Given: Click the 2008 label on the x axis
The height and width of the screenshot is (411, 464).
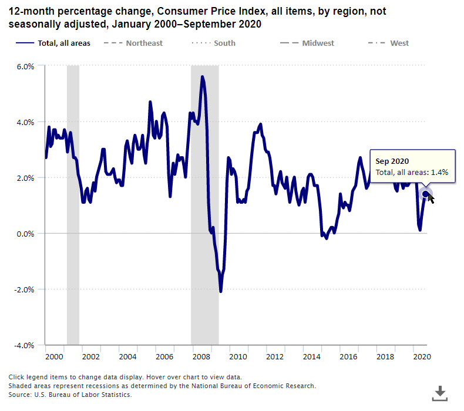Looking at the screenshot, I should point(201,356).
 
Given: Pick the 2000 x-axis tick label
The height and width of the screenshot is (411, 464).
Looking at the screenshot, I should point(53,356).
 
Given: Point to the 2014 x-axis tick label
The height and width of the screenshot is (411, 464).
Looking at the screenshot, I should point(311,356).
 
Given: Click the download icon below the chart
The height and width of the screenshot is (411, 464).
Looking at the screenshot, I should point(439,393).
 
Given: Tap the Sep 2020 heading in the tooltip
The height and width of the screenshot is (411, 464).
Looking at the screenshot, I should point(392,161).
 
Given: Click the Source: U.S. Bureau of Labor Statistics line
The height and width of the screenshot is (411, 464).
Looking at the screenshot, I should point(70,395).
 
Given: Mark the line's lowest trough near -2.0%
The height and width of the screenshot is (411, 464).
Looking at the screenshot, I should point(221,291).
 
